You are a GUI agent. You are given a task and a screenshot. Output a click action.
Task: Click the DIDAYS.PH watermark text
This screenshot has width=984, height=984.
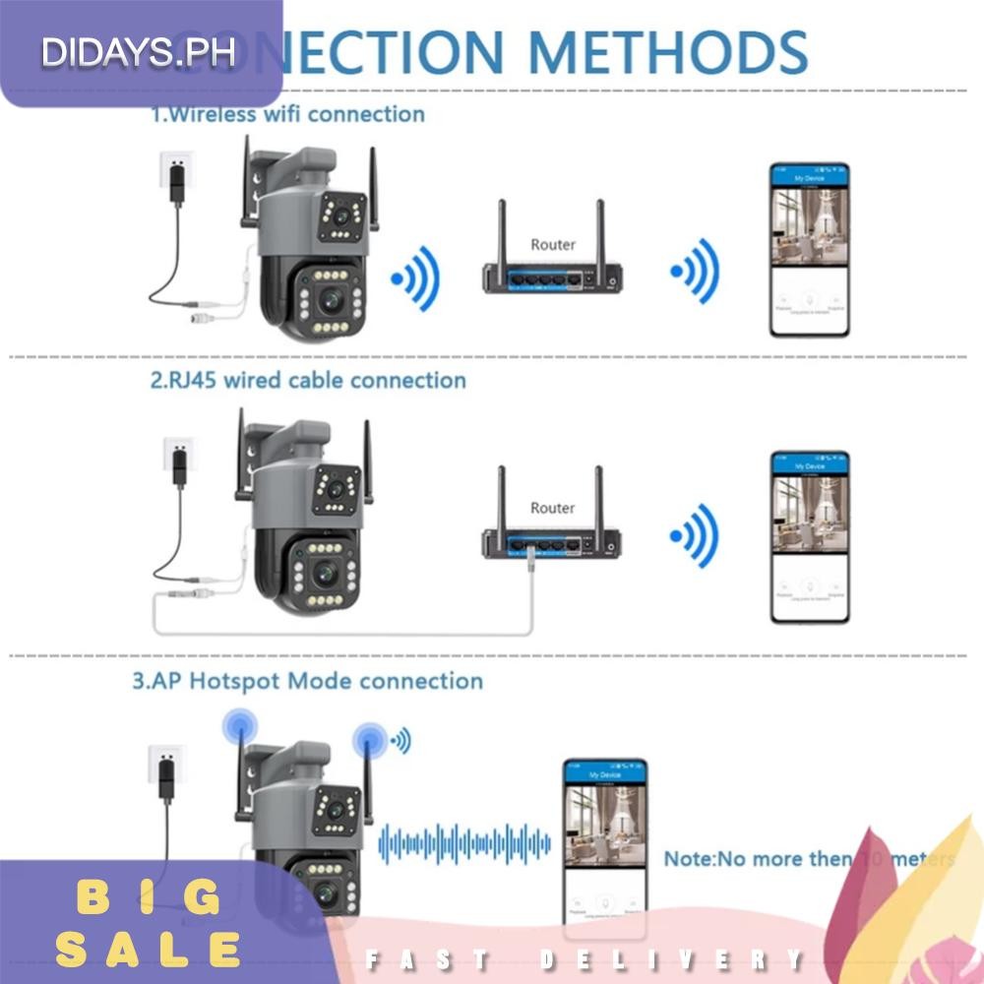(139, 52)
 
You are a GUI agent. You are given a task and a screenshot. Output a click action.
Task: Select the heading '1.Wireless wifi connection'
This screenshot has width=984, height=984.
(287, 114)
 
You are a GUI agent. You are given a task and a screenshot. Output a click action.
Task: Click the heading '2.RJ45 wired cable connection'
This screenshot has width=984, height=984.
(308, 380)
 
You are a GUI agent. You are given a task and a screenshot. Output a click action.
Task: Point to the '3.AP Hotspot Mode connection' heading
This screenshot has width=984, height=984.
(308, 681)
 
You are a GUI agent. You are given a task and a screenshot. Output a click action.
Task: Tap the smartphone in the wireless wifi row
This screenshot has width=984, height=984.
(809, 250)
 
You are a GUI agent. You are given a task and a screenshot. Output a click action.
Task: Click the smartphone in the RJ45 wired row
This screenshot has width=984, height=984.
(809, 536)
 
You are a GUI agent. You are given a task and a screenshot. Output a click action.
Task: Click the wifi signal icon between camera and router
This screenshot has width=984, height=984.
(414, 278)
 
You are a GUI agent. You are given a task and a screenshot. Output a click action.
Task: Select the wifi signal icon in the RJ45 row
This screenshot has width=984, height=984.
(694, 536)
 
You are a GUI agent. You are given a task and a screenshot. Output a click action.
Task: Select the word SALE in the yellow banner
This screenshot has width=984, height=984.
(148, 951)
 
